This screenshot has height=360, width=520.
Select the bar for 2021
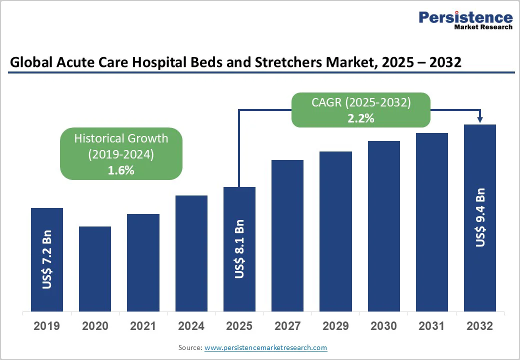pos(143,262)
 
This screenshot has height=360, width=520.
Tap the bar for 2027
pos(287,235)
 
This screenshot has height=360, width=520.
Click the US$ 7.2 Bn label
pos(47,260)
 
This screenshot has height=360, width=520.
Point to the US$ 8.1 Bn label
pos(239,249)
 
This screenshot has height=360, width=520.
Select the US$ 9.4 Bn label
pos(480,217)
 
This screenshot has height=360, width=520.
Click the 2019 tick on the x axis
pos(47,326)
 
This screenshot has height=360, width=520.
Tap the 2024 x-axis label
pos(191,326)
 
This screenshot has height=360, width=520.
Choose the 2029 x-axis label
pos(335,326)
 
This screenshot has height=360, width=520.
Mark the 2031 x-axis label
pos(431,326)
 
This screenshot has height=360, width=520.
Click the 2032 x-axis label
pos(479,326)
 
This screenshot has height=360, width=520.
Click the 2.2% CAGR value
pos(361,118)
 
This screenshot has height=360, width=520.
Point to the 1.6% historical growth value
pos(121,170)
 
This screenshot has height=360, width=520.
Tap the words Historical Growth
pos(121,138)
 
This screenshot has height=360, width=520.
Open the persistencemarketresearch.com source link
pos(266,347)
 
